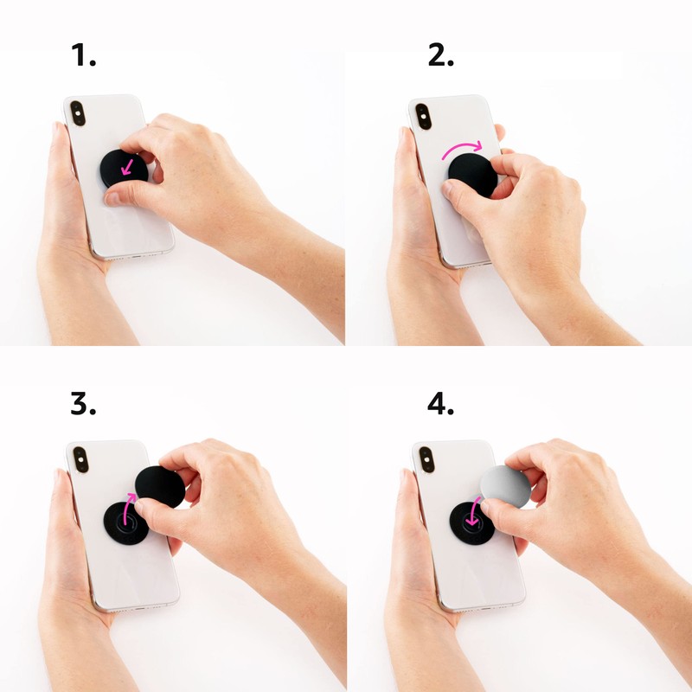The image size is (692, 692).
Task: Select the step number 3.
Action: [x=83, y=403]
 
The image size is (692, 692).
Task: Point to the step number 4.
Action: [x=440, y=403]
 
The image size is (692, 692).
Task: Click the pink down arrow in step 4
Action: [x=472, y=519]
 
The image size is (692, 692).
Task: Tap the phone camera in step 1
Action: [x=78, y=112]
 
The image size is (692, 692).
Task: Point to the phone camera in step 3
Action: [x=80, y=458]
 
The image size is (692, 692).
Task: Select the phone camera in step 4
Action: [x=424, y=459]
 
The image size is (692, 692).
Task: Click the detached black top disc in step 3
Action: [x=161, y=486]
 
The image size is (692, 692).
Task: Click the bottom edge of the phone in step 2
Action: [x=463, y=262]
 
